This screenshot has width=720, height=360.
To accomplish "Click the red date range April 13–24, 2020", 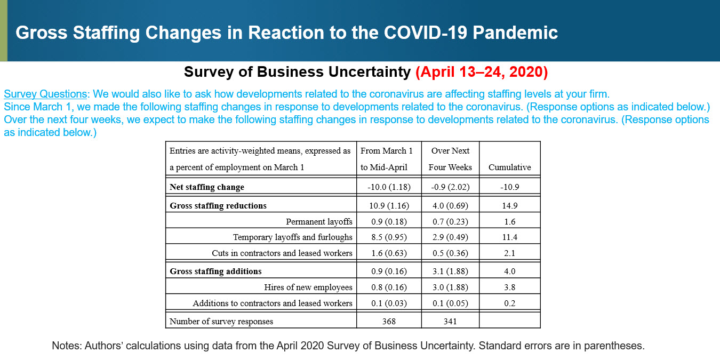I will tap(481, 72).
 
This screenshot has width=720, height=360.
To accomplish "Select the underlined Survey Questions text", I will tap(45, 94).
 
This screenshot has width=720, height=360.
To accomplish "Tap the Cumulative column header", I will tap(509, 167).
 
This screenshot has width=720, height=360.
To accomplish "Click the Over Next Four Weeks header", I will tap(450, 159).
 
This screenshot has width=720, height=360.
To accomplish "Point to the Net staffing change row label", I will tap(207, 187).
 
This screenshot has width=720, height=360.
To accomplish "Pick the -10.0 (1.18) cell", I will tap(389, 187).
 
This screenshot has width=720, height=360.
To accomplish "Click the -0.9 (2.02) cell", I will tap(450, 187).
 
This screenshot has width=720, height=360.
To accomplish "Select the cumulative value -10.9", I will tap(509, 187).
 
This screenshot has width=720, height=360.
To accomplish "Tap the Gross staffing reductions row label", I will tap(218, 205).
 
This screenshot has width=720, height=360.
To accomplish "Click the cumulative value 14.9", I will tap(509, 205).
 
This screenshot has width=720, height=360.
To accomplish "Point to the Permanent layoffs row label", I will tap(319, 221).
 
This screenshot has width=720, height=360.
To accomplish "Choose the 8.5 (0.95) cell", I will tap(389, 237).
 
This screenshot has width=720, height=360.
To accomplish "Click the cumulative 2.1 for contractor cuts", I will tap(509, 253).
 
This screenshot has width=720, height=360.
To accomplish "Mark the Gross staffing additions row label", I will tap(215, 271).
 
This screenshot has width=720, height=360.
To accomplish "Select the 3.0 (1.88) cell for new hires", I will tap(450, 287).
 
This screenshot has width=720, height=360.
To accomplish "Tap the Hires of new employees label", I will tap(308, 287).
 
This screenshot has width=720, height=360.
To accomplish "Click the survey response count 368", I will tap(389, 321).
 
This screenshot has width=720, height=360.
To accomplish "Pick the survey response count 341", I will tap(450, 321).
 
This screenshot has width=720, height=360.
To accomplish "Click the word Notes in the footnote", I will tap(66, 346).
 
